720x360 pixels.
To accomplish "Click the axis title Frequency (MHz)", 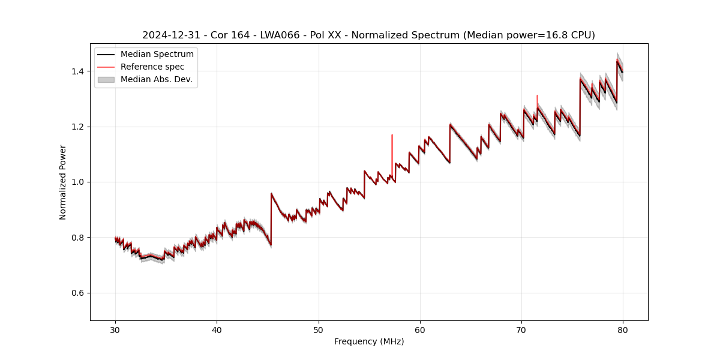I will [x=369, y=341].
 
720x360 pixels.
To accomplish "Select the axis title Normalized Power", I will [x=63, y=182].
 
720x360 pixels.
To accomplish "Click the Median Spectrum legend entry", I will [x=157, y=55].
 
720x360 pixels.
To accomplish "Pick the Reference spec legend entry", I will [x=152, y=67].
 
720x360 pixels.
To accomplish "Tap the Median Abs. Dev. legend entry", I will [x=156, y=79].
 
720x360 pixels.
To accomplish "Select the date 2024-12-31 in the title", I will [x=169, y=35].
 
